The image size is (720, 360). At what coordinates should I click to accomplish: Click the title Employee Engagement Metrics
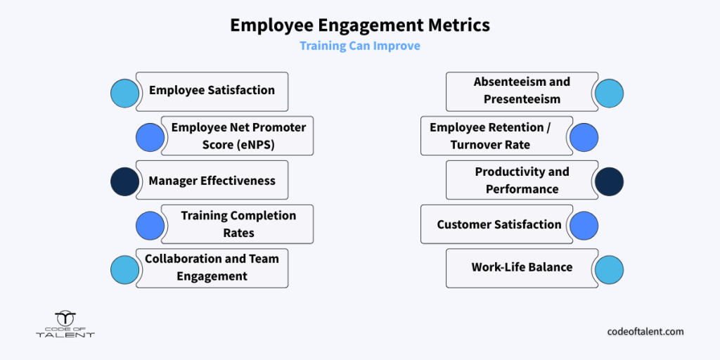(x=360, y=25)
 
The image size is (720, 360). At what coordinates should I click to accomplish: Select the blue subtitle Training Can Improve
(x=360, y=46)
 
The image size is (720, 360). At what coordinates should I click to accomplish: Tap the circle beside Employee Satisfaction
(x=125, y=94)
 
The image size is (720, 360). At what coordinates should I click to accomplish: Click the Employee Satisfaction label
(x=212, y=90)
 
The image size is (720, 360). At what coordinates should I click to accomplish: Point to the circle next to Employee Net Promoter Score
(x=150, y=137)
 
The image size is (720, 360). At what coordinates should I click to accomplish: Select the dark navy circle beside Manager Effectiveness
(x=125, y=181)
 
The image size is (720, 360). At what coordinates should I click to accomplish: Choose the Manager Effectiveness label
(x=212, y=181)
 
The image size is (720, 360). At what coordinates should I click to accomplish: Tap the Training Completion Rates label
(x=238, y=224)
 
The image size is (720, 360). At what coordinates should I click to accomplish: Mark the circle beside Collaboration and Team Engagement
(x=125, y=269)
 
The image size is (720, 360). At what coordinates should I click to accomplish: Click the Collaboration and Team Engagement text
(x=212, y=267)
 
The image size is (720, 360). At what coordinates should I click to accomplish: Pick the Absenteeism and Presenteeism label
(x=522, y=91)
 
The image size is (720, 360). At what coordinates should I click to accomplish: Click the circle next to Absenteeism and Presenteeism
(x=610, y=94)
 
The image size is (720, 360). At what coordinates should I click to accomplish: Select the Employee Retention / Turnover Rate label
(x=490, y=136)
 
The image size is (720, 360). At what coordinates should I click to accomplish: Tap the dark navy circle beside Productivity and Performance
(x=610, y=181)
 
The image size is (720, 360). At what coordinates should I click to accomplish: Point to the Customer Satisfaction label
(x=499, y=224)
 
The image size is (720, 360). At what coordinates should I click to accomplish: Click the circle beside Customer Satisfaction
(x=584, y=226)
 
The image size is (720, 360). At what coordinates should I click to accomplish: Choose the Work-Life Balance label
(x=522, y=266)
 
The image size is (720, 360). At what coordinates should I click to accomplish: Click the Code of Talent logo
(x=65, y=325)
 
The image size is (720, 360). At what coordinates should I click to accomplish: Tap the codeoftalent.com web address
(x=645, y=331)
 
